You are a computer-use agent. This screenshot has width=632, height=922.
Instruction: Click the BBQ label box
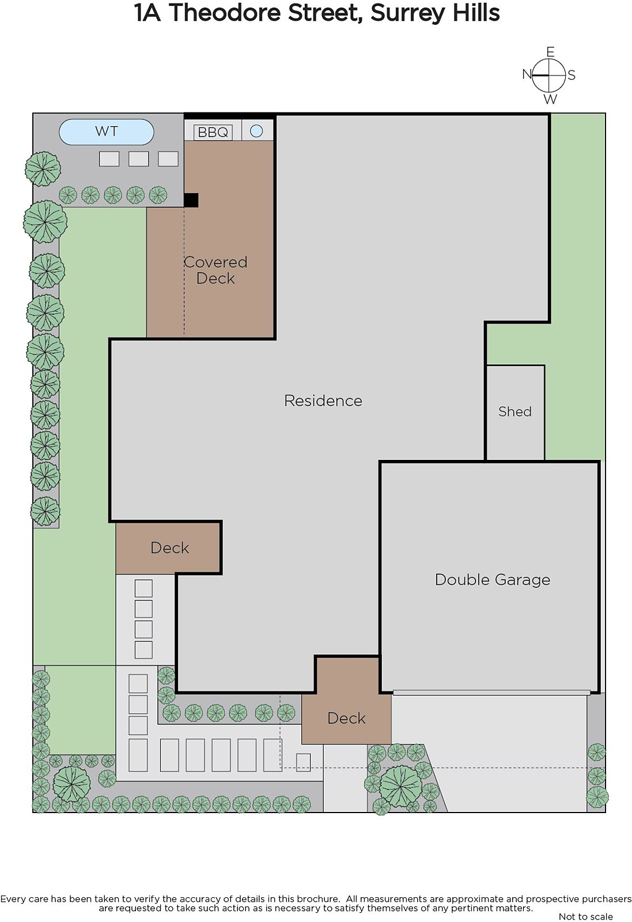point(213,132)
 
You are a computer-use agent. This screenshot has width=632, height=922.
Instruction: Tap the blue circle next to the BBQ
point(256,131)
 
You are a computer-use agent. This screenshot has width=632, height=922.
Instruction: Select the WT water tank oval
point(107,132)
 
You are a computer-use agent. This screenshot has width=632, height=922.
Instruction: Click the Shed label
point(514,411)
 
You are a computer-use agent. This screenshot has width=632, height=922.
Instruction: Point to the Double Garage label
point(493,580)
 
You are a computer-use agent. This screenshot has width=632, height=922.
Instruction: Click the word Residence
point(323,400)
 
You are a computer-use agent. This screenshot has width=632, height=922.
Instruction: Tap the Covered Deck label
point(215,270)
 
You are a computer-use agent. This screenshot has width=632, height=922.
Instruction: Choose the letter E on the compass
point(550,52)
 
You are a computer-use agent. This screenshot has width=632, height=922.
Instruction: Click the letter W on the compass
point(550,99)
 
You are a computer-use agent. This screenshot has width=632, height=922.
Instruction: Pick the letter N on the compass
point(527,74)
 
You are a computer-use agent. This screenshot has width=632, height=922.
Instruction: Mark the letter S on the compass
point(572,75)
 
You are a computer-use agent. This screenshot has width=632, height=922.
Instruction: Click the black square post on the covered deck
point(191,200)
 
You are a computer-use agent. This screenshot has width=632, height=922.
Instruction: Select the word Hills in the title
point(476,13)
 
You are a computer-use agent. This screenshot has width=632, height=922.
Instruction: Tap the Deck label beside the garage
point(346,718)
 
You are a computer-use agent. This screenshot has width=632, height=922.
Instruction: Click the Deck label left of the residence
point(169,548)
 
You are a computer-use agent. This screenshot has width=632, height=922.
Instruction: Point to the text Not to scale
point(585,917)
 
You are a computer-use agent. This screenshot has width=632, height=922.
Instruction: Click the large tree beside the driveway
point(400,787)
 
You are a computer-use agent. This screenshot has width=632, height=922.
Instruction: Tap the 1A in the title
point(147,13)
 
